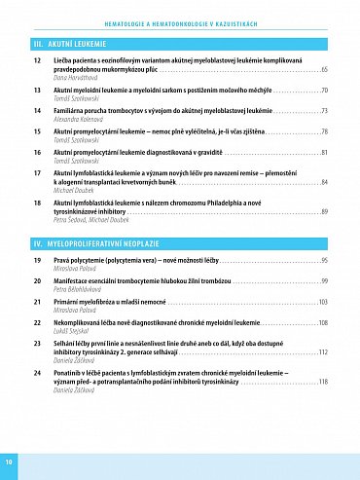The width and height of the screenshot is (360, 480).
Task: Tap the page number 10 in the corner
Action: coord(9,460)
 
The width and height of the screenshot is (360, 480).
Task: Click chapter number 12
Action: coord(36,61)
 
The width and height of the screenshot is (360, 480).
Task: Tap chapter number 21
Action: coord(36,303)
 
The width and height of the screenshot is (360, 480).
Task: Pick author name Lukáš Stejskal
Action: coord(73,330)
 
